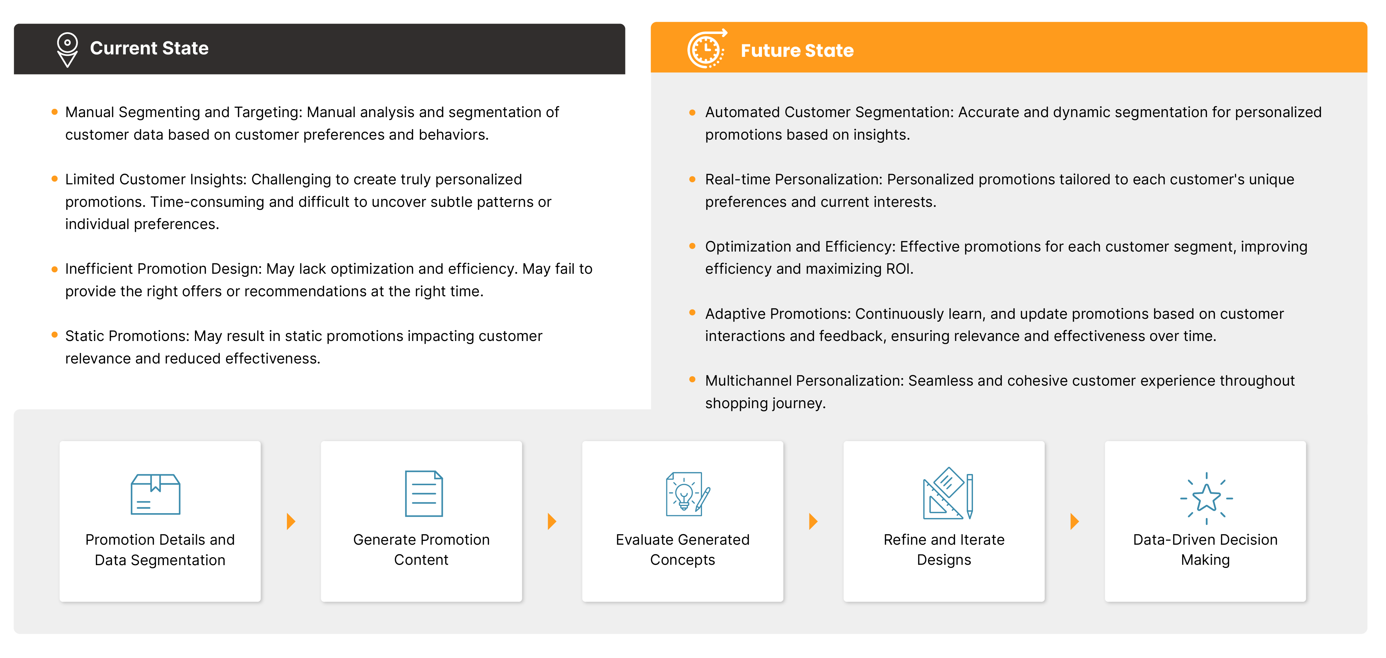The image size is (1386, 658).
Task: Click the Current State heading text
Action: (149, 49)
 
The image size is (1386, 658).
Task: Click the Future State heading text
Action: (797, 51)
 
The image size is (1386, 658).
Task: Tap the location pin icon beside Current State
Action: (67, 50)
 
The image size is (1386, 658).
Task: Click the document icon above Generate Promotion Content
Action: (424, 493)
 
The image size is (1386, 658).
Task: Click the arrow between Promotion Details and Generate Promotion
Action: (291, 521)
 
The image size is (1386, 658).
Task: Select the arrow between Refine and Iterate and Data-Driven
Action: (1075, 521)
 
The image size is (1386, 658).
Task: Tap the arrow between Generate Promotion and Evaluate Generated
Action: (552, 521)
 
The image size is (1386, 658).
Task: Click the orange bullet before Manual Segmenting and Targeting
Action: (54, 112)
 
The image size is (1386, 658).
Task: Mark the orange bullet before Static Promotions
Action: (54, 335)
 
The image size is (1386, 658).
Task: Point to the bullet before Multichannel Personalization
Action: (692, 380)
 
